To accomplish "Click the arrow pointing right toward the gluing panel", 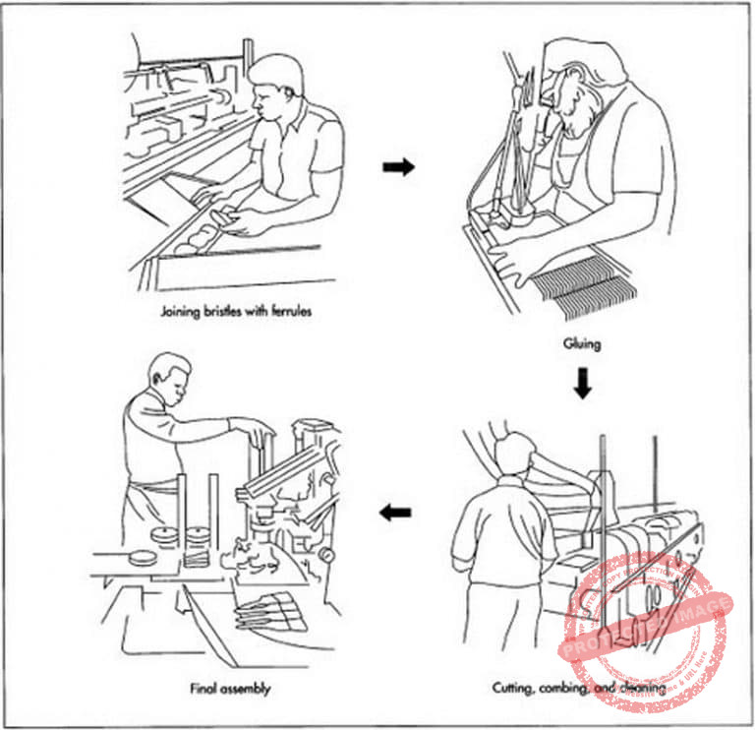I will [x=398, y=167].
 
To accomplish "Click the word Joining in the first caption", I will [x=176, y=314].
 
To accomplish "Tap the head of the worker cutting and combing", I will [x=514, y=456].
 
